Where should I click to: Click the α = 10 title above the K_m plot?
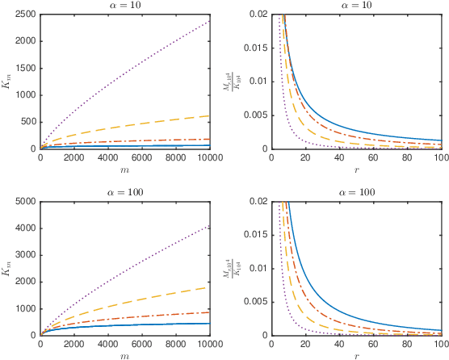(x=125, y=6)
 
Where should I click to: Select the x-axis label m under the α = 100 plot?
(x=125, y=356)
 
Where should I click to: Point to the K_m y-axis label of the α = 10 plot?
(x=8, y=82)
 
